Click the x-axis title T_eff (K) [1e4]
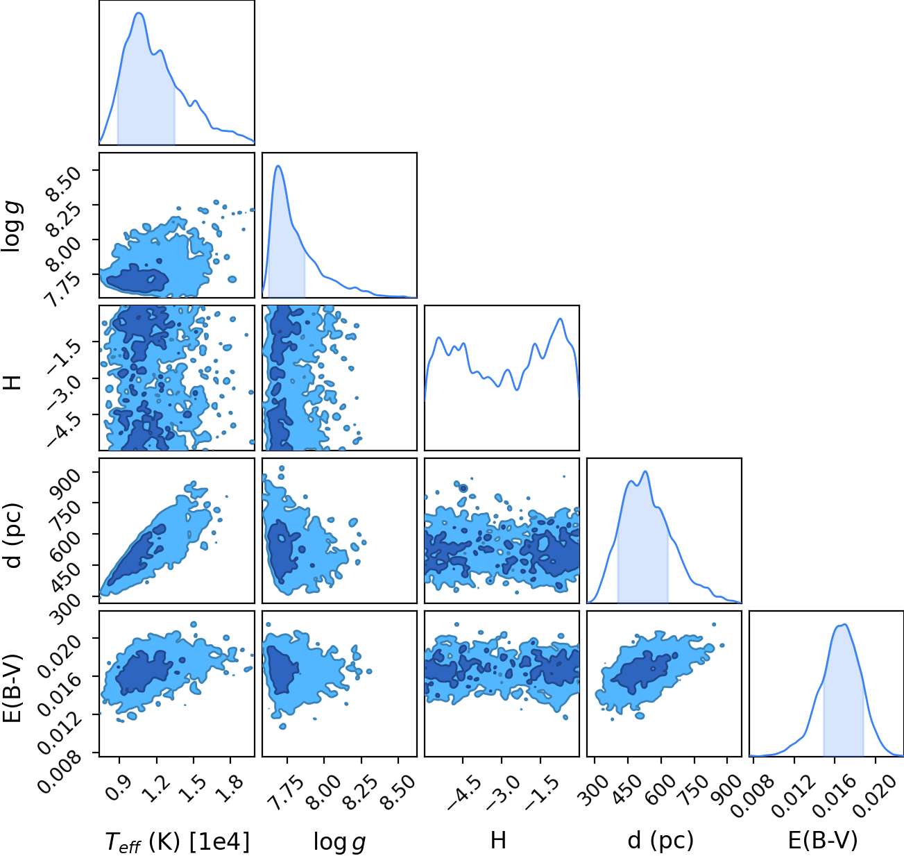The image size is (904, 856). pyautogui.click(x=178, y=841)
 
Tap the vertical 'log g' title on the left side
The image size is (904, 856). pyautogui.click(x=12, y=226)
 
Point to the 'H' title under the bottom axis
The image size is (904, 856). pyautogui.click(x=498, y=841)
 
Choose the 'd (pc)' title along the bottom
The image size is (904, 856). pyautogui.click(x=660, y=841)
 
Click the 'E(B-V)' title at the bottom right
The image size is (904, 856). pyautogui.click(x=823, y=841)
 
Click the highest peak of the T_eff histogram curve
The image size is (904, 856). pyautogui.click(x=139, y=13)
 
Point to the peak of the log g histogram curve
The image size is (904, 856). pyautogui.click(x=278, y=166)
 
